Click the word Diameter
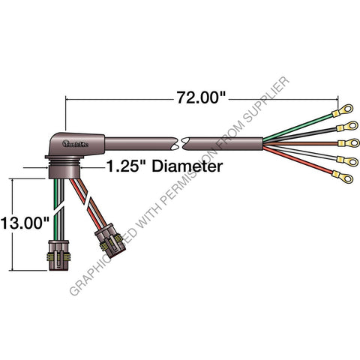[187, 166]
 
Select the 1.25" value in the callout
[125, 166]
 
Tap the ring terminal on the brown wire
[346, 142]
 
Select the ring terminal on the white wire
[348, 159]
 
